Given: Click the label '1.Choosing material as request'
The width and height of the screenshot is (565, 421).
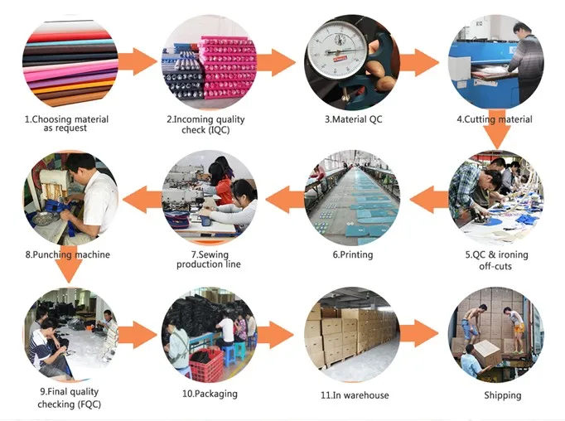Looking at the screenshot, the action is coord(65,123).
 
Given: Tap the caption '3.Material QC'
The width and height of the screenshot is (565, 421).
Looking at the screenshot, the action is coord(354,119).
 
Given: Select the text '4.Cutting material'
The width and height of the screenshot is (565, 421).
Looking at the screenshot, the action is coord(494,119).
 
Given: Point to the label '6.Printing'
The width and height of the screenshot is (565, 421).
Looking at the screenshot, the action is coord(353,254).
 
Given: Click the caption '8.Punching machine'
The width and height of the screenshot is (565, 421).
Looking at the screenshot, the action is coord(67,254).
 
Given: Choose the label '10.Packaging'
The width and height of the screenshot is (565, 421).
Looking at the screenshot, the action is coord(210,393).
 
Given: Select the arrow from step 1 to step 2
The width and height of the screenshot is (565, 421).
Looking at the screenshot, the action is coord(137,60).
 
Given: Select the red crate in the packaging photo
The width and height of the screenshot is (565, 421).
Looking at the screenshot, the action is coord(205,365).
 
